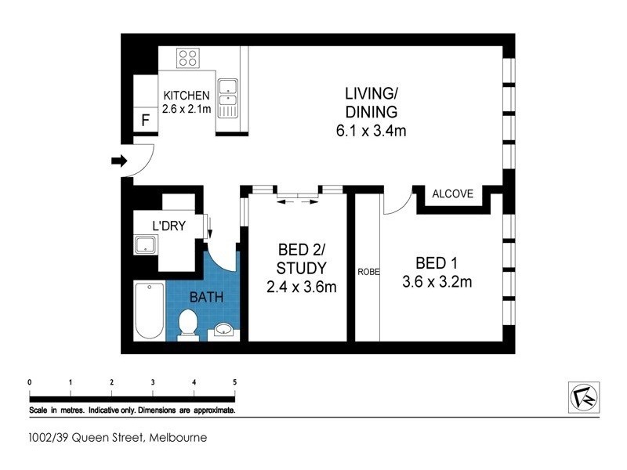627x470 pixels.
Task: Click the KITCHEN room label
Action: (x=186, y=96)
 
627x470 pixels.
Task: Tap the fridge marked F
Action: (x=144, y=121)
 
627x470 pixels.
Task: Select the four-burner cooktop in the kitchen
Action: (x=187, y=57)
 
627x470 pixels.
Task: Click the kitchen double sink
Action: (x=228, y=97)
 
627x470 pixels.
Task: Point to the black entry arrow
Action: (x=118, y=161)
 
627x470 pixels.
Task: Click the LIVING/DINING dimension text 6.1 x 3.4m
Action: (x=371, y=130)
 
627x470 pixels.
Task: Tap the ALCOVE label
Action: (x=452, y=193)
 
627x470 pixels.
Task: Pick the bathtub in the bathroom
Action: (x=148, y=311)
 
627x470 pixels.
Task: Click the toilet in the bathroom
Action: (x=188, y=323)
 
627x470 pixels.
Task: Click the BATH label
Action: (x=206, y=297)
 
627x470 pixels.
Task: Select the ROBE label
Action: (x=368, y=272)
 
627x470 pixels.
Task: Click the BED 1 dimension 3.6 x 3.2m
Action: (x=437, y=280)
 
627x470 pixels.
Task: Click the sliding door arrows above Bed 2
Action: (x=299, y=201)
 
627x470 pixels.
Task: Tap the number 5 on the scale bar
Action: (x=234, y=382)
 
